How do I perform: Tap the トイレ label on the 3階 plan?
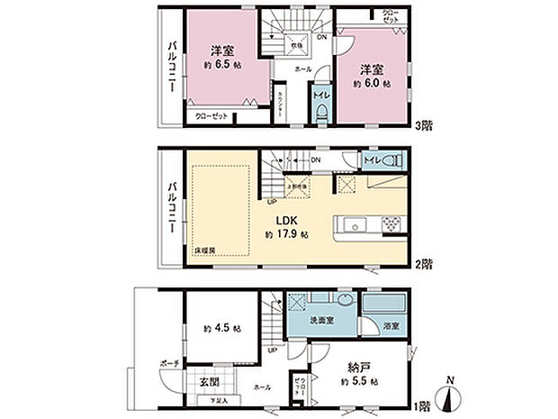[x=320, y=94]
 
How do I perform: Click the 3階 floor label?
[x=423, y=127]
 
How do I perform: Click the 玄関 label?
[x=202, y=379]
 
